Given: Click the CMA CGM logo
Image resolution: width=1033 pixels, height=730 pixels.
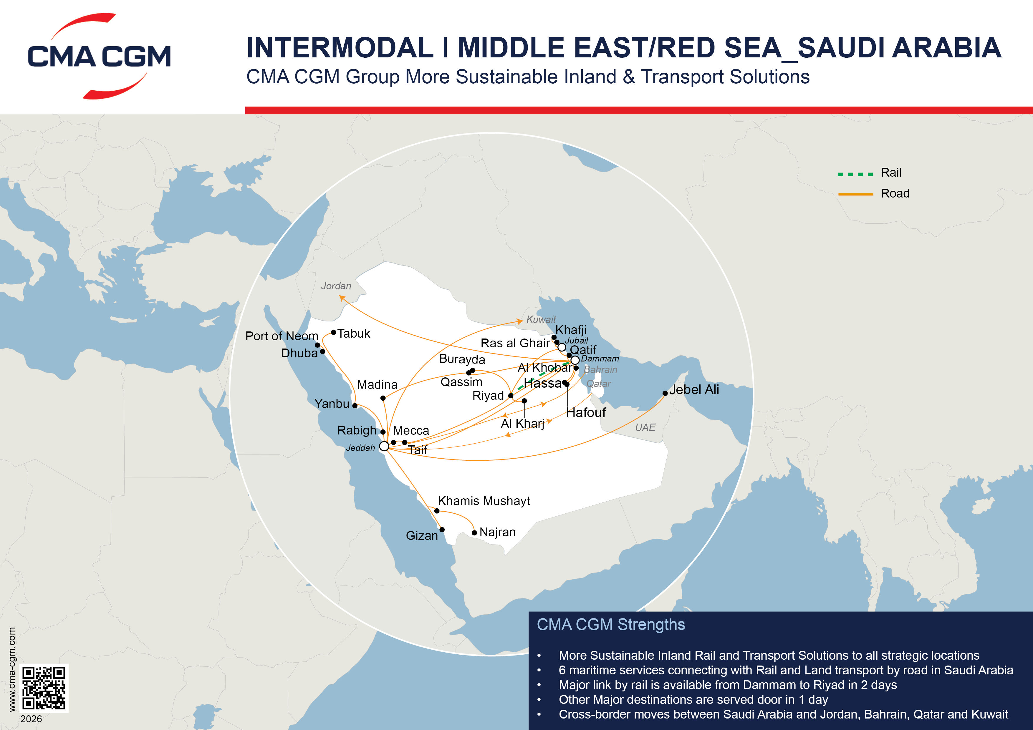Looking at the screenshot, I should [x=99, y=56].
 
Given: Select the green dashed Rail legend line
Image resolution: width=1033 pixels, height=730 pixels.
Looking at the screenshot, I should [x=855, y=174].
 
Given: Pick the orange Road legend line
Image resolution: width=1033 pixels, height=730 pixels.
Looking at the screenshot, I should [x=855, y=194].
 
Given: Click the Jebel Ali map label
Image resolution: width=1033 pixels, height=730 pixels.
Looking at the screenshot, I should [x=694, y=390].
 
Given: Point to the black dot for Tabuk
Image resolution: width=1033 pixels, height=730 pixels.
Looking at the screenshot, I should [x=333, y=332].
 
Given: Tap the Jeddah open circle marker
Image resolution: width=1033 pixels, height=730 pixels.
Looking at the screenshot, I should [x=384, y=446].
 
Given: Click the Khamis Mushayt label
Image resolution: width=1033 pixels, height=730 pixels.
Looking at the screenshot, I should [x=484, y=501].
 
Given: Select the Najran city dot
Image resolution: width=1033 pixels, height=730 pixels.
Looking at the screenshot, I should [x=474, y=533].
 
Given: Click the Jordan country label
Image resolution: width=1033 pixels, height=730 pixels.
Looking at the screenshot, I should [x=336, y=286].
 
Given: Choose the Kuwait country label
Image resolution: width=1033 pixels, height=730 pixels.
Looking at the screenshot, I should [x=541, y=319].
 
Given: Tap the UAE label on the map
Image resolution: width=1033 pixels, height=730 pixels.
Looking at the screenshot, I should [x=645, y=428].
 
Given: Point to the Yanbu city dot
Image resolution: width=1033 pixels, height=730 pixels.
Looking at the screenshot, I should [x=355, y=406].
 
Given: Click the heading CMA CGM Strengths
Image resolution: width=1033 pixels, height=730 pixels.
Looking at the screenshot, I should [x=610, y=625].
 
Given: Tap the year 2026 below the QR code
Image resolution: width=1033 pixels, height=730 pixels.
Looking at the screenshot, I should [x=31, y=719].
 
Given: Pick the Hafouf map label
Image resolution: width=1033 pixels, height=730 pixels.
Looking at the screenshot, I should [x=586, y=413].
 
